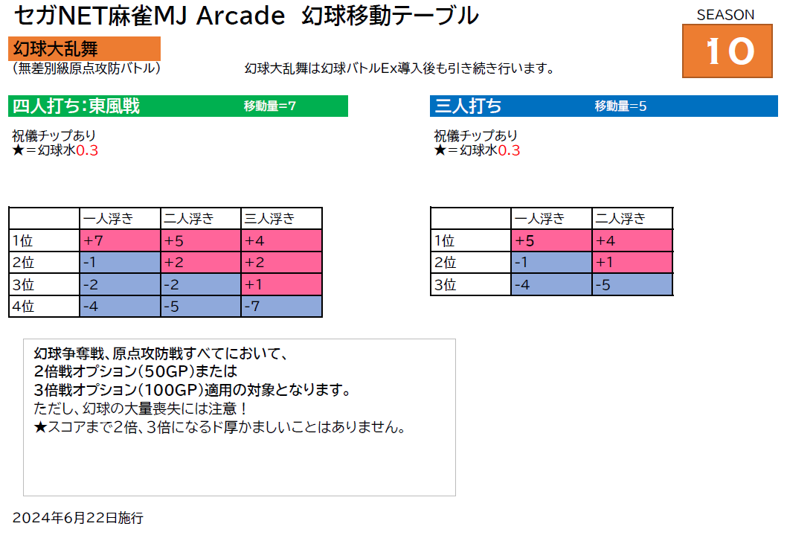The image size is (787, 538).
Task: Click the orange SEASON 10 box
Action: pyautogui.click(x=727, y=51)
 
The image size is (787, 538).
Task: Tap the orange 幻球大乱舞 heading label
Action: pyautogui.click(x=84, y=48)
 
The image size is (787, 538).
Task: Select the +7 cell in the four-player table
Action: pyautogui.click(x=120, y=240)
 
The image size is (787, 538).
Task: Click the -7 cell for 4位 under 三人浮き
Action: pyautogui.click(x=282, y=306)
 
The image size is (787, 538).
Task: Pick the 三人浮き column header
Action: pyautogui.click(x=282, y=218)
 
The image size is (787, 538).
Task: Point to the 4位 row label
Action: pyautogui.click(x=44, y=306)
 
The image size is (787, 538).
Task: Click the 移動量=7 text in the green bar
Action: pyautogui.click(x=269, y=106)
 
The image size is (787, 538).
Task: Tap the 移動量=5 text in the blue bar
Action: pyautogui.click(x=620, y=106)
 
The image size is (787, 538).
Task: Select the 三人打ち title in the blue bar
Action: pyautogui.click(x=468, y=106)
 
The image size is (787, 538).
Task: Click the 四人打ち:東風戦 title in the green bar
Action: pyautogui.click(x=76, y=106)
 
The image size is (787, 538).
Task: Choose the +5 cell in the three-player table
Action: pyautogui.click(x=552, y=240)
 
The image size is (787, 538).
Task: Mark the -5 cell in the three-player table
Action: pyautogui.click(x=632, y=284)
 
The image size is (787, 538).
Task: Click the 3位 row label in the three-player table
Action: pyautogui.click(x=471, y=284)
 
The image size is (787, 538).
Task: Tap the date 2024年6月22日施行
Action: pyautogui.click(x=78, y=517)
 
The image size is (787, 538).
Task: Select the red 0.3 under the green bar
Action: pyautogui.click(x=87, y=150)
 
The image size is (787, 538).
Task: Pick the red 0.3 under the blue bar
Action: pyautogui.click(x=509, y=150)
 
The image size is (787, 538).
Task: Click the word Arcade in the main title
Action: pyautogui.click(x=240, y=16)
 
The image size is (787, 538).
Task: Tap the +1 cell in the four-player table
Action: pyautogui.click(x=282, y=284)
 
